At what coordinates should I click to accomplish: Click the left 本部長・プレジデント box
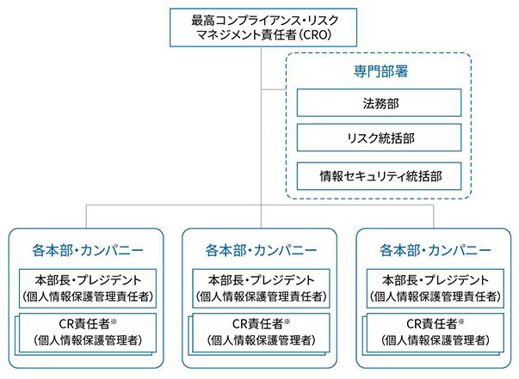tap(86, 288)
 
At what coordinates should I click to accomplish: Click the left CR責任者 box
tap(86, 332)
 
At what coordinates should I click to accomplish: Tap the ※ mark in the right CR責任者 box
tap(463, 321)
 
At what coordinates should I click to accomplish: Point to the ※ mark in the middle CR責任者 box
tap(288, 321)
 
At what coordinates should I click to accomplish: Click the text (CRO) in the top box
tap(315, 35)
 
